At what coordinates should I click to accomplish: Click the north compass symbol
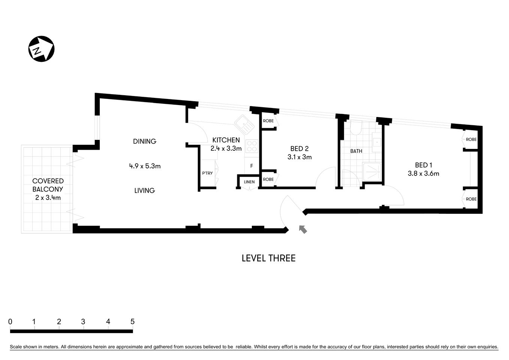click(42, 49)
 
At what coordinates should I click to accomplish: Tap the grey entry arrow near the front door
click(302, 229)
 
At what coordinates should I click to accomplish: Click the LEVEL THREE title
click(268, 258)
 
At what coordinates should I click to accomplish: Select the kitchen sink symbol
click(244, 124)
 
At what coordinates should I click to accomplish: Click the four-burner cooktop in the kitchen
click(252, 146)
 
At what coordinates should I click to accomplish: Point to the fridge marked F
click(252, 166)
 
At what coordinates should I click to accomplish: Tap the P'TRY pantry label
click(207, 173)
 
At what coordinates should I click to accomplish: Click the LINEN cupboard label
click(249, 182)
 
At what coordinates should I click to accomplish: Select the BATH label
click(356, 151)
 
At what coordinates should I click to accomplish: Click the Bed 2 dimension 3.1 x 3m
click(299, 157)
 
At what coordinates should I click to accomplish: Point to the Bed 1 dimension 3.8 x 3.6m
click(424, 174)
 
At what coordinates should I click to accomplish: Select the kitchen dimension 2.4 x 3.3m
click(226, 148)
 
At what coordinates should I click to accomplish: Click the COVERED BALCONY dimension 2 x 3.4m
click(48, 198)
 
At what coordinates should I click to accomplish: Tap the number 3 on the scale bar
click(83, 322)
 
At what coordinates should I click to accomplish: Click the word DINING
click(145, 141)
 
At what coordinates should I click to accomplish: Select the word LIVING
click(145, 190)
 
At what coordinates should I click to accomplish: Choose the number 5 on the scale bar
click(132, 322)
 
